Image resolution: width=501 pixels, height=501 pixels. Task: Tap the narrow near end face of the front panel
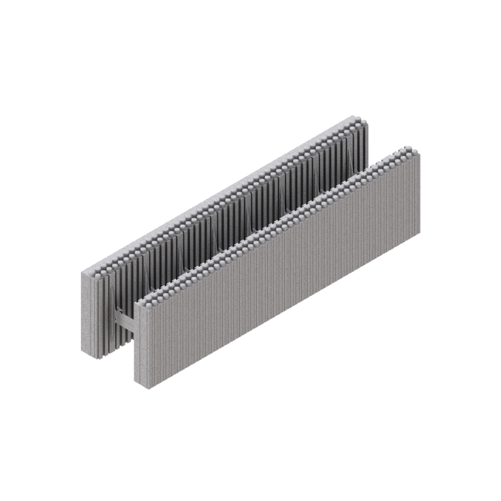point(140,342)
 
